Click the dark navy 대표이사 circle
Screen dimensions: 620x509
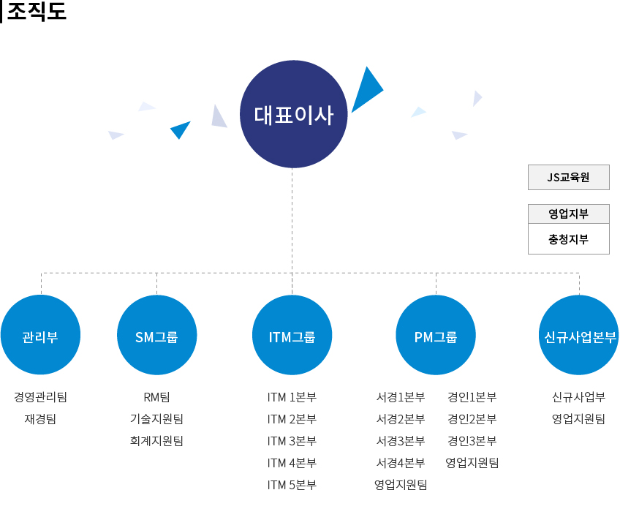[293, 114]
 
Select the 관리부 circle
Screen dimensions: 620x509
[40, 335]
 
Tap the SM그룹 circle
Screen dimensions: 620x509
[156, 335]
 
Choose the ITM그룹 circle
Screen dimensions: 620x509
[292, 335]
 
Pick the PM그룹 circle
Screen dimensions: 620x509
[436, 335]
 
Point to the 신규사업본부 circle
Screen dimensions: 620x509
[579, 335]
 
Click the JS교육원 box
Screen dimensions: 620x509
[569, 177]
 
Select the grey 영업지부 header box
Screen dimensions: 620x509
[569, 214]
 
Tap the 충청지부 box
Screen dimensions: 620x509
[569, 239]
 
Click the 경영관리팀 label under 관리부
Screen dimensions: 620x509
[40, 396]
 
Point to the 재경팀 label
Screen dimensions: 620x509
[40, 418]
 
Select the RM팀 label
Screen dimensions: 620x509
[156, 396]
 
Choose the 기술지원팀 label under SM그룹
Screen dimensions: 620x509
[156, 418]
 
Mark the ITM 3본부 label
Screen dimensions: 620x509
[292, 440]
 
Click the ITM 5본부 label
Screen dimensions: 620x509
[292, 484]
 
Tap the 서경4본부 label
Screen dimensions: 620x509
[401, 462]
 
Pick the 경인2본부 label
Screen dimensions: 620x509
[472, 418]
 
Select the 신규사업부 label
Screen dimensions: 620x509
[579, 396]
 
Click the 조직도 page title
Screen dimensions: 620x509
[37, 11]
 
